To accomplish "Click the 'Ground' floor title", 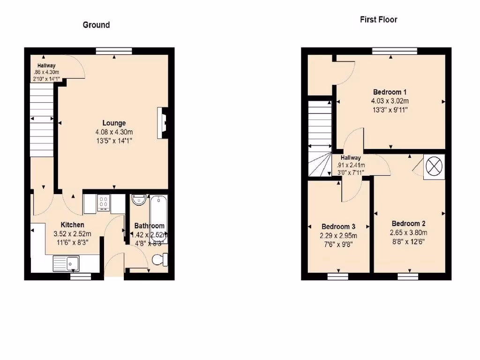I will tap(96, 25).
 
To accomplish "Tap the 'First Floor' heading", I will tap(378, 20).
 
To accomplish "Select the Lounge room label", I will tap(114, 123).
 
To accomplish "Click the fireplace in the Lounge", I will tap(163, 123).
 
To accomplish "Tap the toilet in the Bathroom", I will tap(159, 259).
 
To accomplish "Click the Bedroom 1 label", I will tap(390, 92).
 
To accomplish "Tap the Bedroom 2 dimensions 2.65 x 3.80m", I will tap(409, 232).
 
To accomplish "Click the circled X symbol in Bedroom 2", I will tap(434, 166).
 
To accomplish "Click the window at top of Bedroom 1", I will tap(395, 51).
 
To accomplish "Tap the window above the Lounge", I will tap(114, 51).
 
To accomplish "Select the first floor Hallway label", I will tap(351, 158).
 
